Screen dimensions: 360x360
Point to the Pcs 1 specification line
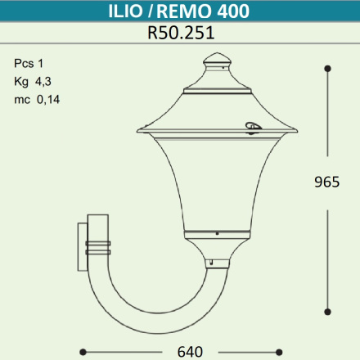[x=29, y=64]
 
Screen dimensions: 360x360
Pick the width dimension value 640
[x=190, y=353]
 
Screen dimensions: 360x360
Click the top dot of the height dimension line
[x=328, y=68]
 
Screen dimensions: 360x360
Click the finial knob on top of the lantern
[x=217, y=60]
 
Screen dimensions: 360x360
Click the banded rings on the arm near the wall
[x=101, y=245]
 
